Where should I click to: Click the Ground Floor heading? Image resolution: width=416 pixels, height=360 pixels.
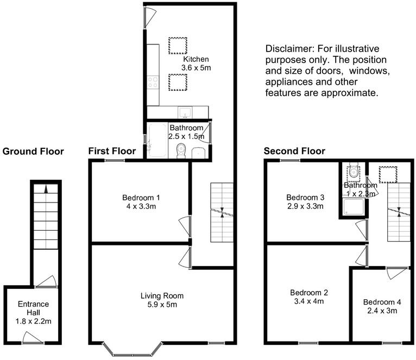(x=33, y=151)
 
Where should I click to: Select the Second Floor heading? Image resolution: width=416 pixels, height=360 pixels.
(x=294, y=151)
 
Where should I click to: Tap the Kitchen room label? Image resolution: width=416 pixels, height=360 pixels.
(x=196, y=59)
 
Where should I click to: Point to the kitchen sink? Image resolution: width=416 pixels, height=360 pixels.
(x=186, y=112)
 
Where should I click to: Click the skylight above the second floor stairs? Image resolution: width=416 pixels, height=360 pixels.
(x=388, y=173)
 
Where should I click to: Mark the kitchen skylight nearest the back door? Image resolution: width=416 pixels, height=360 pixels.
(x=177, y=45)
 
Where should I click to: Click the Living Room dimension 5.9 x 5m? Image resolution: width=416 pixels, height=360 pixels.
(x=162, y=305)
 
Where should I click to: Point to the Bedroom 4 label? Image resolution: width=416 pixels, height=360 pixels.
(x=380, y=302)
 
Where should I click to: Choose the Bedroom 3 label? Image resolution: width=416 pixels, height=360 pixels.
(x=305, y=198)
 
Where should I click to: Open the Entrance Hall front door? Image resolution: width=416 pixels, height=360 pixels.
(x=32, y=339)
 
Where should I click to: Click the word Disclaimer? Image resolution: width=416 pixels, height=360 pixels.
(x=286, y=48)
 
